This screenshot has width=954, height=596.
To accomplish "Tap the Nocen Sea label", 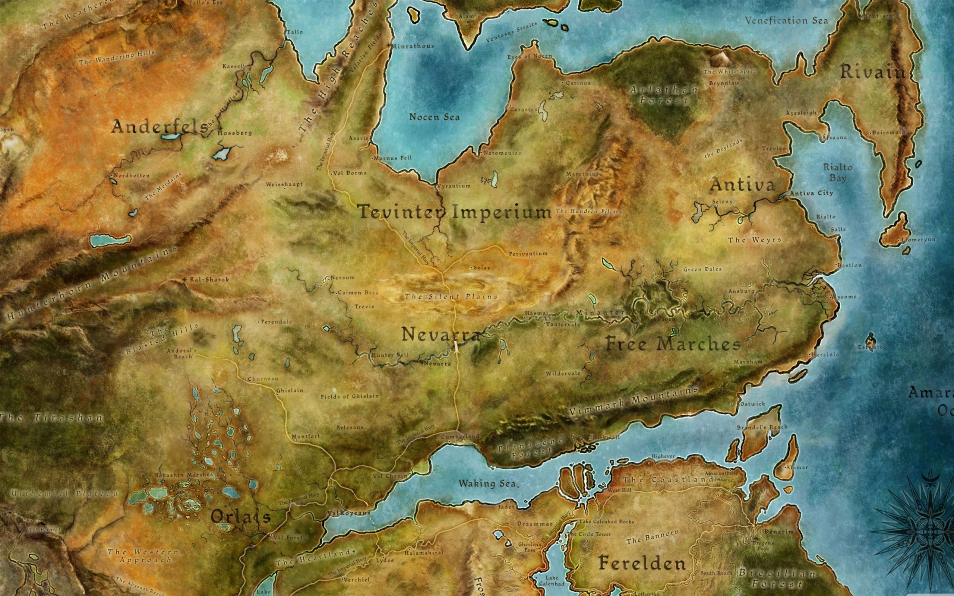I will (x=434, y=117).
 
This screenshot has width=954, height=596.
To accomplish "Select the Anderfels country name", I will (x=159, y=127).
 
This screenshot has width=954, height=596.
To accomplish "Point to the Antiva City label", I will (x=811, y=193).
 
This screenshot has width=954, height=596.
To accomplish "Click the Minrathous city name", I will (x=413, y=46).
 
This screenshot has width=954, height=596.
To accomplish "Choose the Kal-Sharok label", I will (x=209, y=279).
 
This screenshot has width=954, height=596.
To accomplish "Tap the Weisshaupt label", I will (x=284, y=184).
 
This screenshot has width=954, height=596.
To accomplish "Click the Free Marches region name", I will (x=673, y=344).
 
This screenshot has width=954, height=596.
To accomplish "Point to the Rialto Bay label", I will (x=838, y=172).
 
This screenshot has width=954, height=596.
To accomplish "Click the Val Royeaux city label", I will (x=349, y=513).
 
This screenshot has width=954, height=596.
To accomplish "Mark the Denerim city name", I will (x=778, y=531).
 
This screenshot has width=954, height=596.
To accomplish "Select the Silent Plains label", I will (x=451, y=297).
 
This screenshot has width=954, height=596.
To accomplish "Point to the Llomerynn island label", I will (x=918, y=240).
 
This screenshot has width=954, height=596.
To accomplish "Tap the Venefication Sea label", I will (x=786, y=20).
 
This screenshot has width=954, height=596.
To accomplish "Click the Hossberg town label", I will (x=234, y=133).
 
